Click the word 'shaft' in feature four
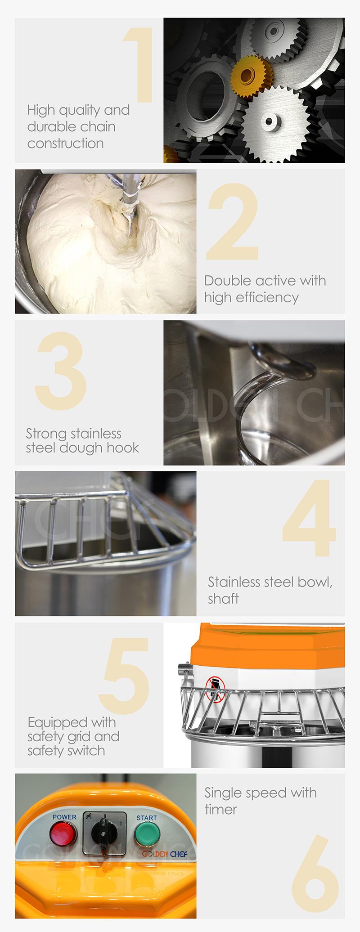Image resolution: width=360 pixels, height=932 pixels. [223, 599]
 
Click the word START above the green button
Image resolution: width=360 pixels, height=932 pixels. [147, 818]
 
